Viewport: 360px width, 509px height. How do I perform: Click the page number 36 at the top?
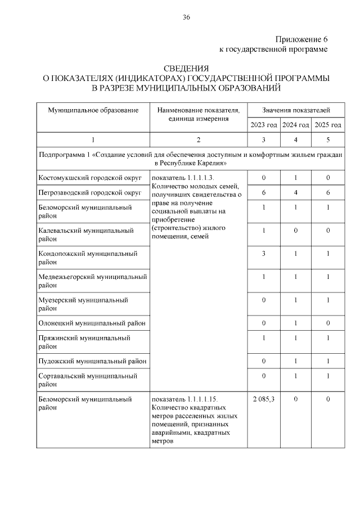click(186, 17)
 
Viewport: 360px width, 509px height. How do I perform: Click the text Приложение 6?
click(301, 39)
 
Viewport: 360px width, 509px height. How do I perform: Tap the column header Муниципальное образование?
click(93, 110)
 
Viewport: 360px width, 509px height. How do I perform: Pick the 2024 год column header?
click(295, 125)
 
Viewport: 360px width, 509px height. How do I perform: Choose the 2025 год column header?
click(327, 125)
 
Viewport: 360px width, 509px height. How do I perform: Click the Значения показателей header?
click(296, 110)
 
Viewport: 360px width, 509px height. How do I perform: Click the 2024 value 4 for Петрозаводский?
click(295, 193)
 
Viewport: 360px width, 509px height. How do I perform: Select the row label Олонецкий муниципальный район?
click(92, 323)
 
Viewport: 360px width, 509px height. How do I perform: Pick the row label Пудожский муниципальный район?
click(92, 361)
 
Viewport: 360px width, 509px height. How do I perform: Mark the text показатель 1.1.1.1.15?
click(184, 399)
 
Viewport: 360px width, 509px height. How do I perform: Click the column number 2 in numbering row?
click(199, 139)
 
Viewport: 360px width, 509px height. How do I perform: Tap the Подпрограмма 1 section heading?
click(190, 158)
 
